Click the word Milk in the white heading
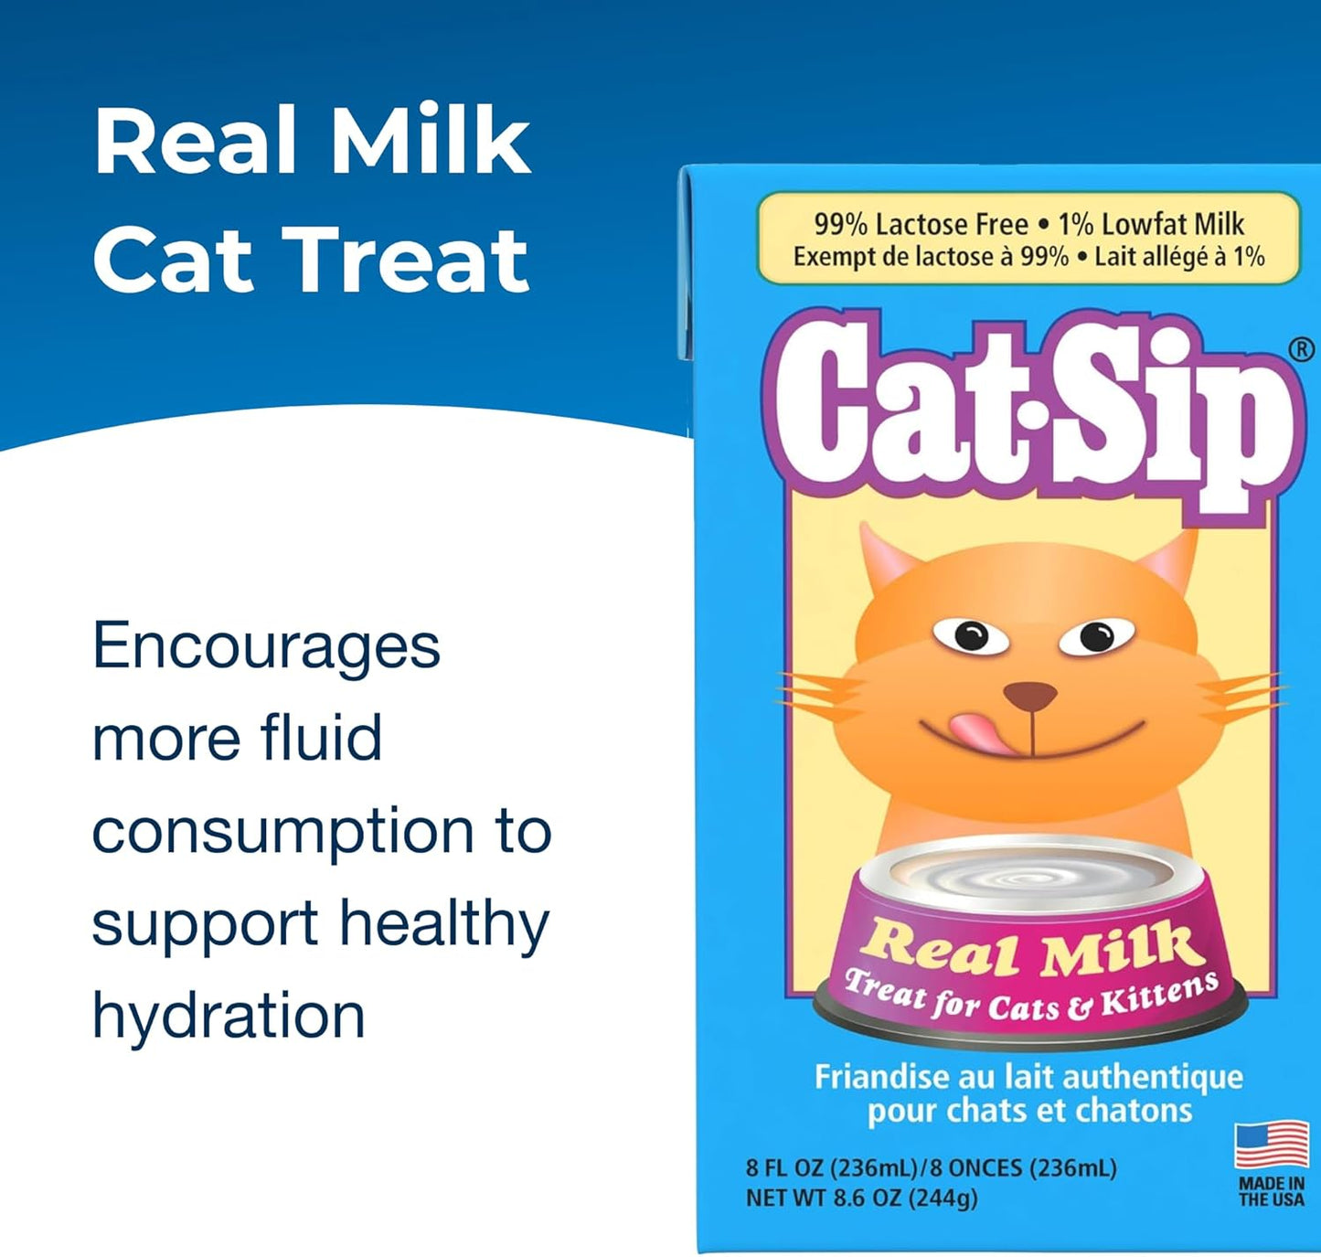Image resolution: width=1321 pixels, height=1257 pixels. (x=430, y=141)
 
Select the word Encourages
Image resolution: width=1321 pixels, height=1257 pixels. (x=266, y=646)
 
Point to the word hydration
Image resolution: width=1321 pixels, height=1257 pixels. (x=229, y=1017)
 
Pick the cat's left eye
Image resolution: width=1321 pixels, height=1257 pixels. (x=970, y=634)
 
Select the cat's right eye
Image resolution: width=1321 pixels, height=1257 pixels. (x=1096, y=634)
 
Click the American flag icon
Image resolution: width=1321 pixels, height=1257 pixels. (x=1272, y=1145)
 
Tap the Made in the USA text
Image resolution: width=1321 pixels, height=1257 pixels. (x=1272, y=1191)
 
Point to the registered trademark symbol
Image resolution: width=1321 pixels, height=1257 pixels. (x=1301, y=349)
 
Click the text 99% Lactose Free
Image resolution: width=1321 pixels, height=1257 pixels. (x=921, y=224)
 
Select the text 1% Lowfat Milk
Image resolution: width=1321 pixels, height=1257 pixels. (x=1151, y=224)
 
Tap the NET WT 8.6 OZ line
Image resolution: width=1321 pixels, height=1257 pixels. (x=861, y=1198)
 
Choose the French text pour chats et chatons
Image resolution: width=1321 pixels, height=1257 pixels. (x=1029, y=1111)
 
